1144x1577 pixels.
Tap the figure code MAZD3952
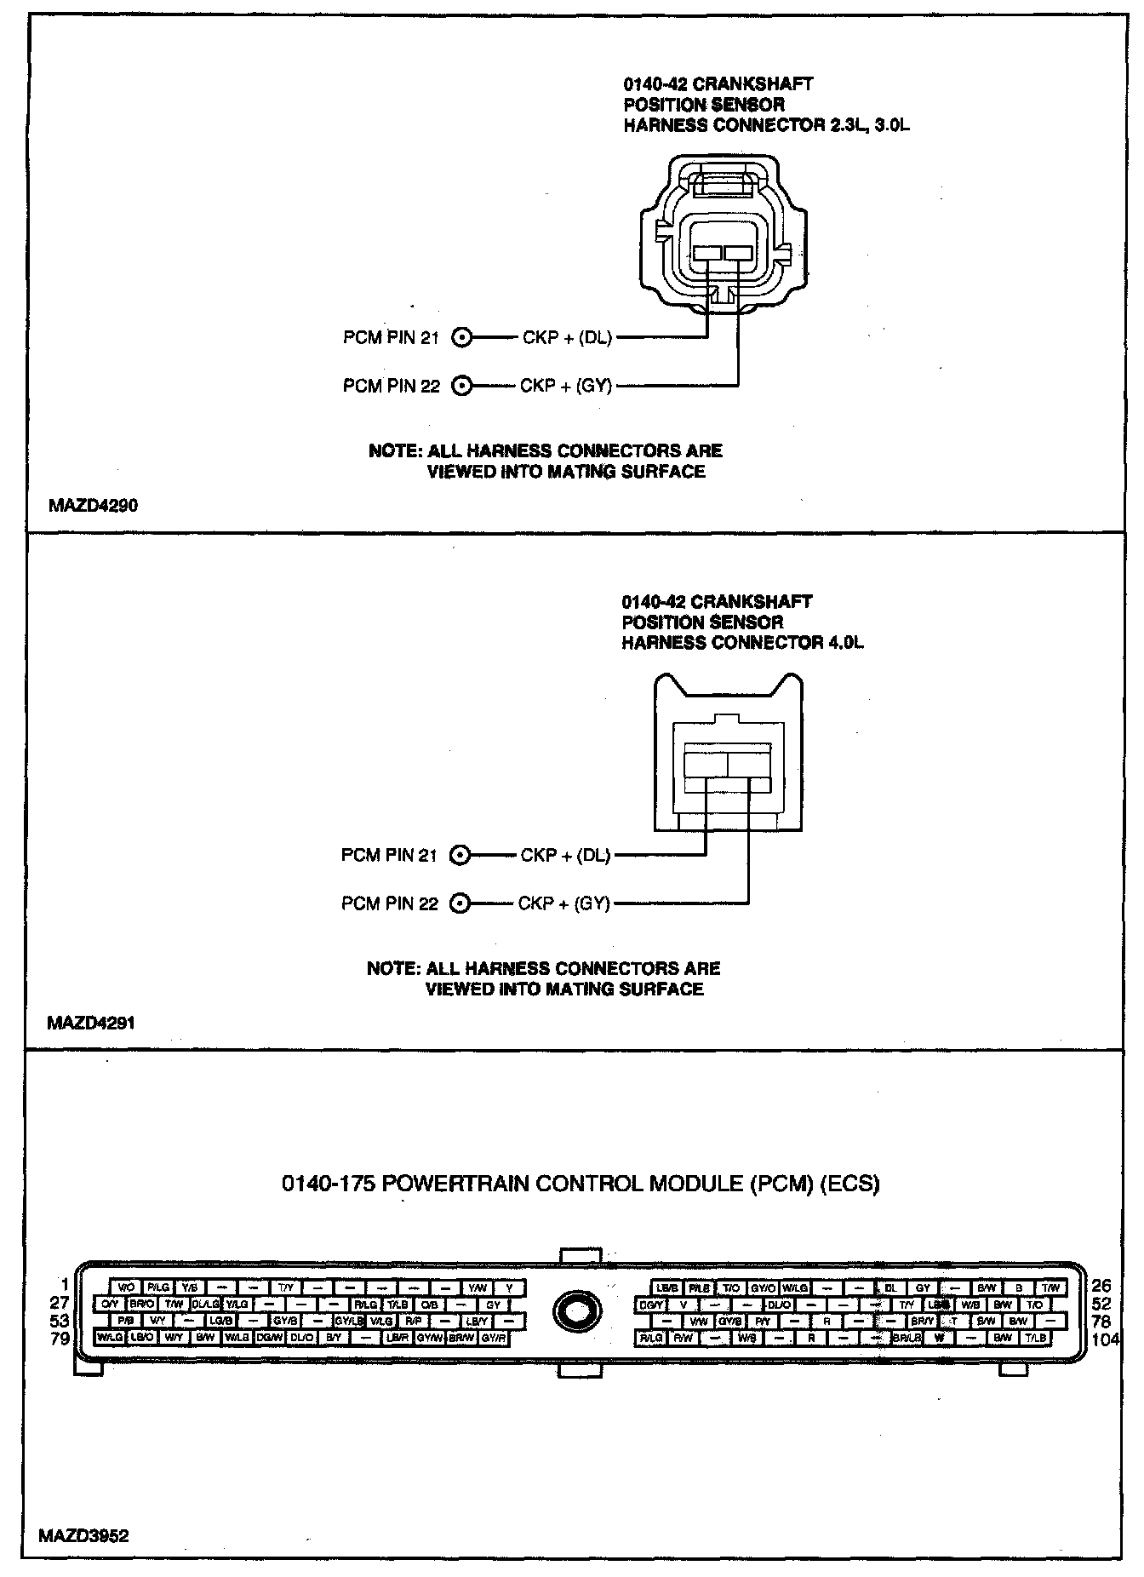point(83,1536)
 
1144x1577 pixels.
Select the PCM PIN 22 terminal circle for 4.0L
point(460,903)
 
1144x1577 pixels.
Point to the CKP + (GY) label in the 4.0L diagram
point(564,903)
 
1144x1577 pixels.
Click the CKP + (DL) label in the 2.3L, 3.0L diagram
point(568,338)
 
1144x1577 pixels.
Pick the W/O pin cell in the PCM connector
point(126,1287)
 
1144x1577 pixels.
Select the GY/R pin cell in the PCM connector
point(494,1338)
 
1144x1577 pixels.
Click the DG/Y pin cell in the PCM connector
point(652,1305)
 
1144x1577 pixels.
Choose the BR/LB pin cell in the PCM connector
point(907,1338)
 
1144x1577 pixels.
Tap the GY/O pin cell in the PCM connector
point(763,1288)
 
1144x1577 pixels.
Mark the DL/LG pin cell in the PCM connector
point(206,1304)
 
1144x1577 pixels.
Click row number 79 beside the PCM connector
point(60,1338)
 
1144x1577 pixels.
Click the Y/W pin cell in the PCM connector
point(477,1287)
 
